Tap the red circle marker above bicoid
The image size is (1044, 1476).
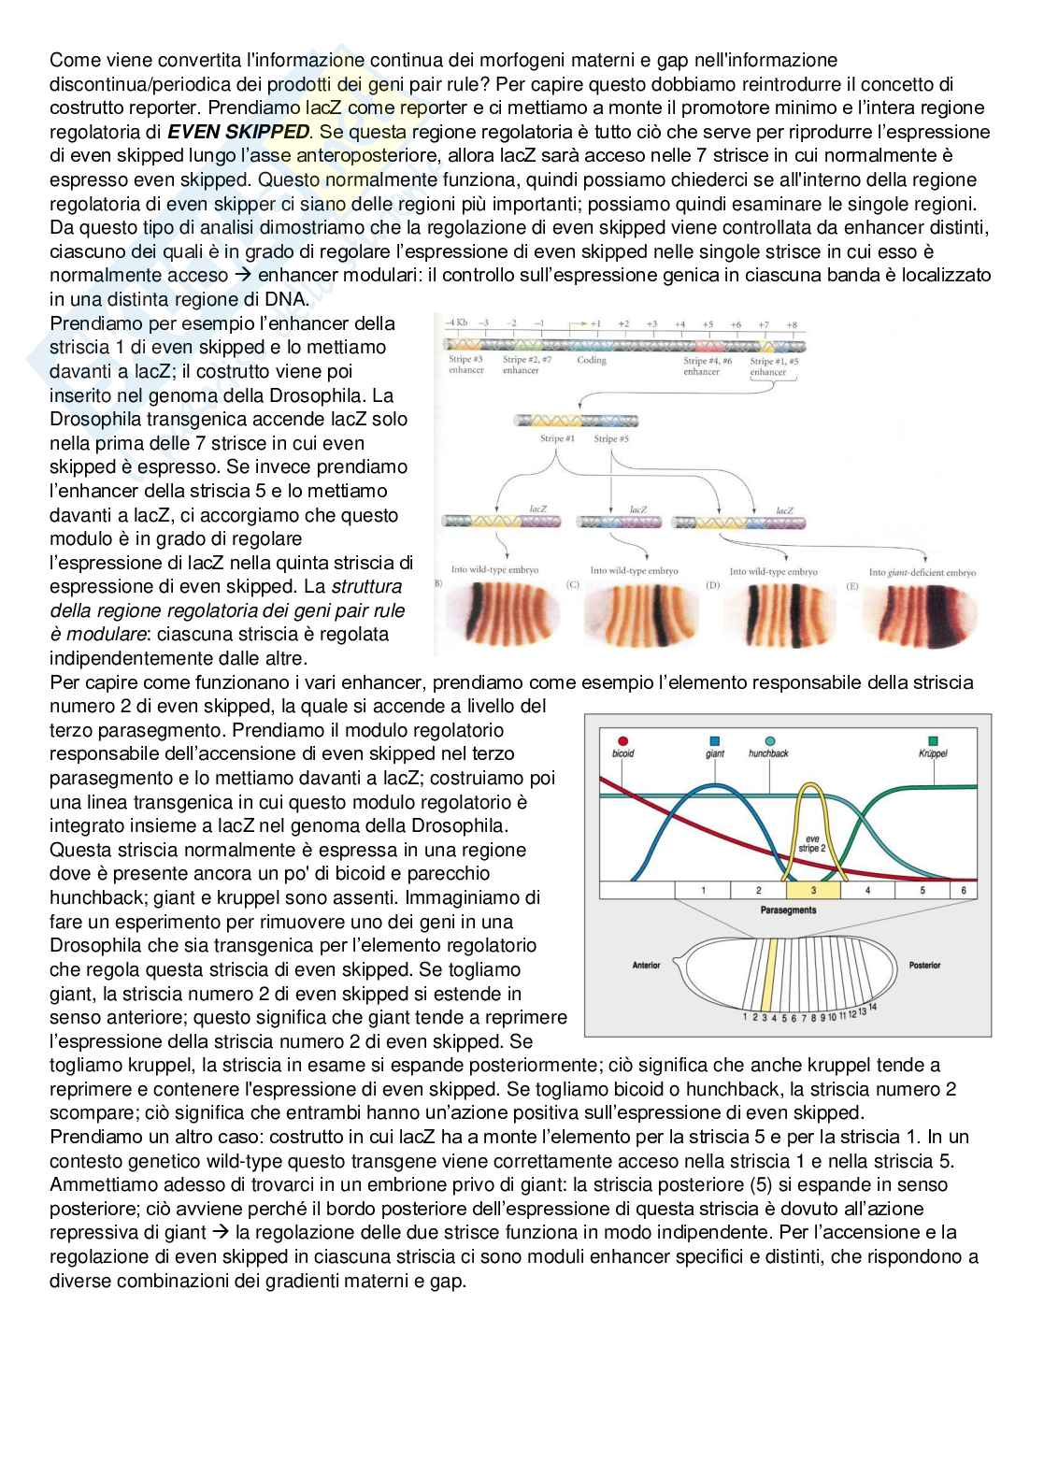coord(622,739)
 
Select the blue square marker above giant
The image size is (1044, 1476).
coord(715,739)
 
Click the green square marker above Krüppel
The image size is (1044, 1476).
coord(933,739)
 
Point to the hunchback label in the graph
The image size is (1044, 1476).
coord(768,753)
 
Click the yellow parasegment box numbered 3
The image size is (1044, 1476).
coord(813,891)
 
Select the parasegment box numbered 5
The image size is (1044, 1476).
coord(922,891)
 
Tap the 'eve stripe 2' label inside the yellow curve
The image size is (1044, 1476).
coord(811,843)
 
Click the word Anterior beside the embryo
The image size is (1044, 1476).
coord(647,965)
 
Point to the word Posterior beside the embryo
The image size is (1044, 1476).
coord(923,965)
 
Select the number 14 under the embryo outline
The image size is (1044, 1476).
coord(873,1007)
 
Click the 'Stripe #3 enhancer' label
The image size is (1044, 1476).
coord(465,365)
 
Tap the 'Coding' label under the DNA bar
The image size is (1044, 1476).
coord(592,360)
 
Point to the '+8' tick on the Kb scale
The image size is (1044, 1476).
coord(792,324)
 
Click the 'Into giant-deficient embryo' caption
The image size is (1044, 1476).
coord(922,572)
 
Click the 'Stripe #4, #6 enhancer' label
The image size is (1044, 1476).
coord(707,365)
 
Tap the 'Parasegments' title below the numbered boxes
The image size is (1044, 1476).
coord(788,910)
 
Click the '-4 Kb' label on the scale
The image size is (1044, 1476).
coord(456,323)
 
